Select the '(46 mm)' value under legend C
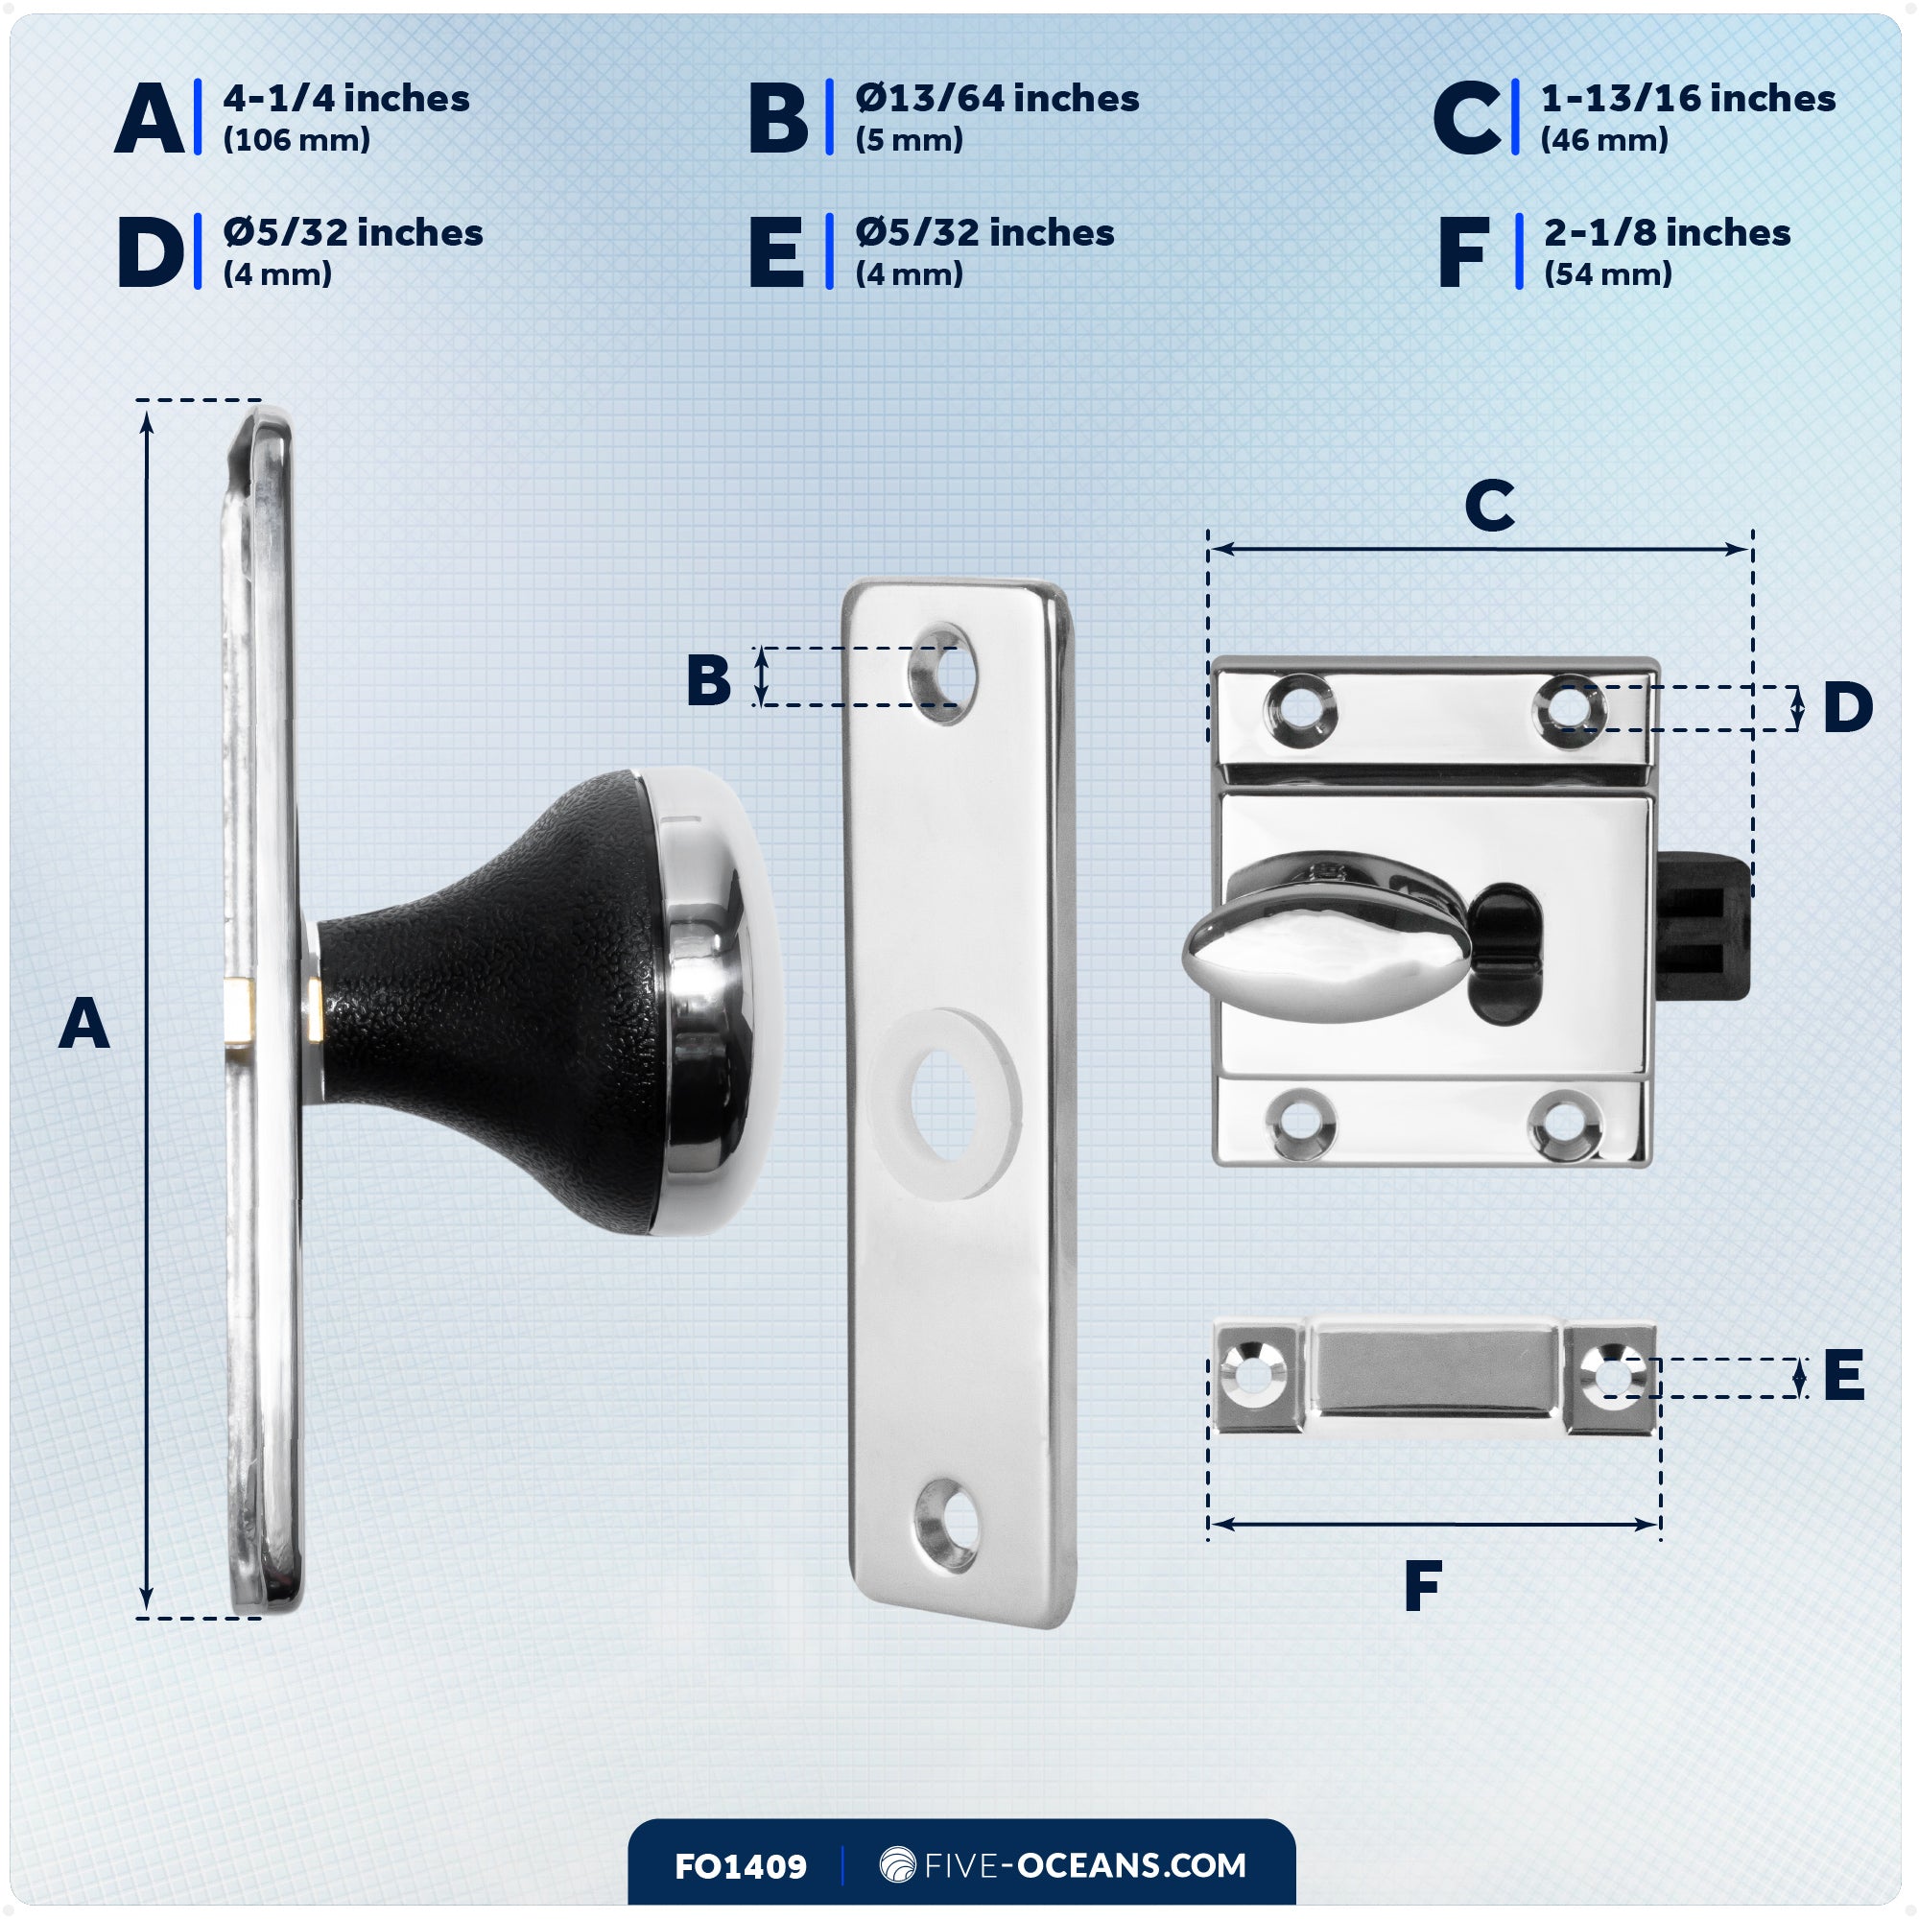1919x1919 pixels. click(x=1603, y=140)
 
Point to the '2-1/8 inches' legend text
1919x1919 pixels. click(x=1666, y=232)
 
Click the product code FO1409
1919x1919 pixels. click(x=740, y=1866)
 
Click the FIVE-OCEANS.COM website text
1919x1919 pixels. click(x=1083, y=1865)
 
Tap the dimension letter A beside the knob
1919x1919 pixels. click(x=83, y=1024)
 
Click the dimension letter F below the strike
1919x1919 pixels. click(x=1422, y=1586)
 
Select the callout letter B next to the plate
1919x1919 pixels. click(x=708, y=680)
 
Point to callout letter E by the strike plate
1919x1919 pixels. click(x=1842, y=1376)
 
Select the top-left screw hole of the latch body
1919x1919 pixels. click(x=1299, y=708)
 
